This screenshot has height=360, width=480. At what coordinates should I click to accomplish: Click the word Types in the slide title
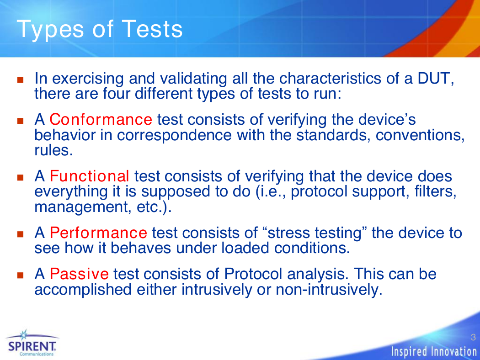coord(50,30)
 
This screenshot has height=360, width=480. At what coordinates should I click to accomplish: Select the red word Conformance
coord(101,119)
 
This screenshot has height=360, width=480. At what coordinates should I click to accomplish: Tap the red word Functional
coord(89,176)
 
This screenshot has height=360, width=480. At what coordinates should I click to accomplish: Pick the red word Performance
coord(98,233)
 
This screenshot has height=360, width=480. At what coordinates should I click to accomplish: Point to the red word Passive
coord(79,274)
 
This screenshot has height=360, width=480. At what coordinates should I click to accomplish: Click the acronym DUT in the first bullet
coord(436,79)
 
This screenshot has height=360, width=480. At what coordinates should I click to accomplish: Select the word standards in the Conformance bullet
coord(331,135)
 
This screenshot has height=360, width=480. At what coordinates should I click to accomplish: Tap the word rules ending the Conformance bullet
coord(53,150)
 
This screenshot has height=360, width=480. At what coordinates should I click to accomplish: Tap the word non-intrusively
coord(329,290)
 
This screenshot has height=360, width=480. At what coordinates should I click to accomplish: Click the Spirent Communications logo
coord(32,344)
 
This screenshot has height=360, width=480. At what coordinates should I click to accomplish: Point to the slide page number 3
coord(473,337)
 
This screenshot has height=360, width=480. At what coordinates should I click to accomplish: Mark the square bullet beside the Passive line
coord(21,275)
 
